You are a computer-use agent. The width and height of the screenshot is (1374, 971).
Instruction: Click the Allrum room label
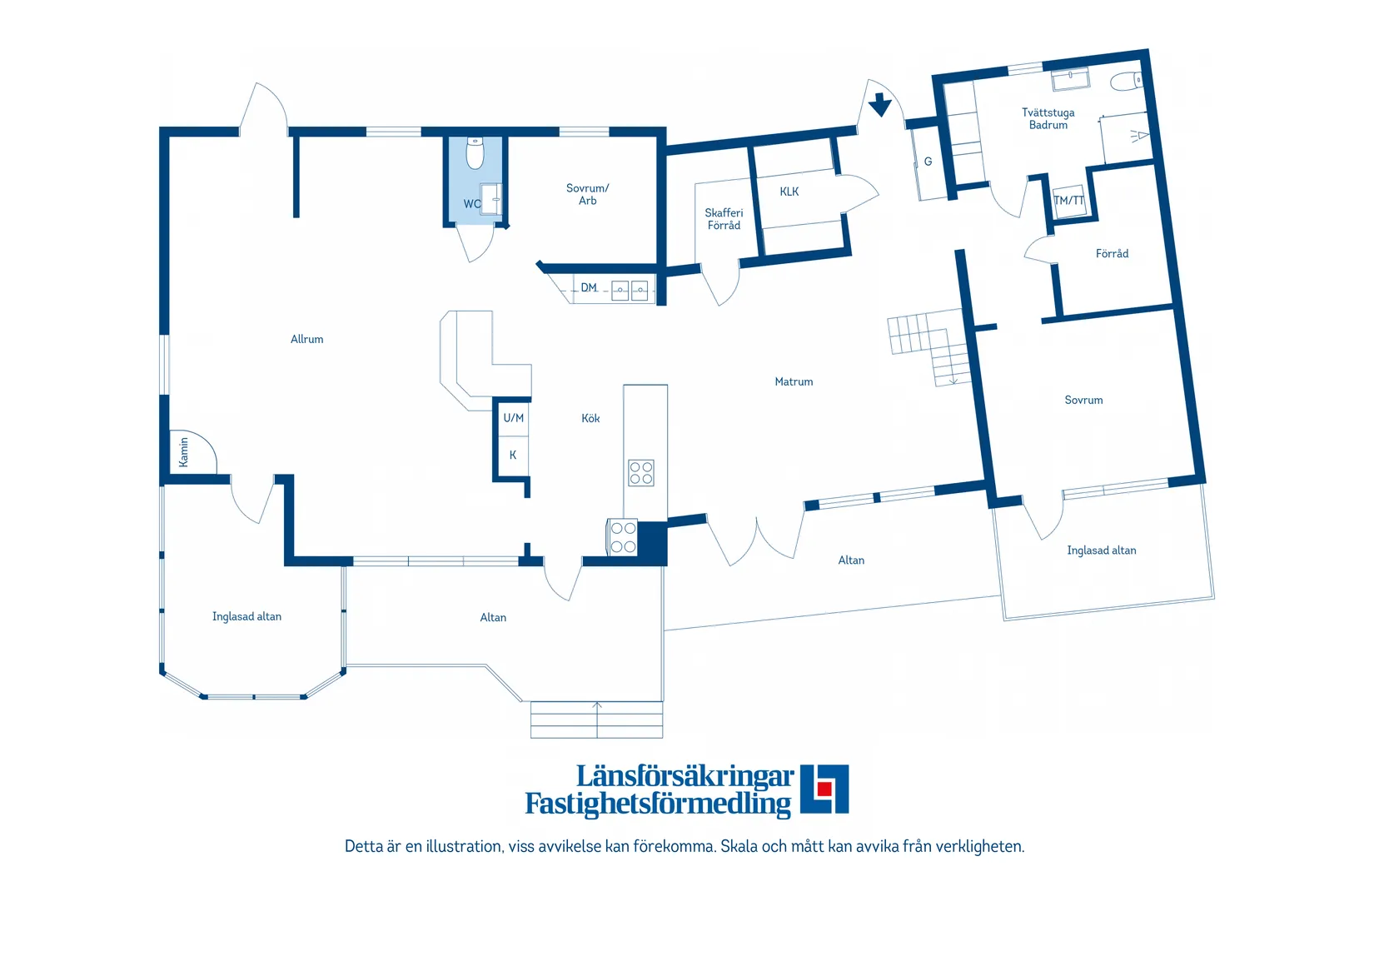click(x=306, y=339)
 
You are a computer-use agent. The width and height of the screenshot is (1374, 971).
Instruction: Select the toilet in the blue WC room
click(x=475, y=152)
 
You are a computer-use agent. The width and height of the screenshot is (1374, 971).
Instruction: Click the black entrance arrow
click(x=879, y=104)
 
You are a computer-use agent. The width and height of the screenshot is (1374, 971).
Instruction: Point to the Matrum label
click(x=794, y=381)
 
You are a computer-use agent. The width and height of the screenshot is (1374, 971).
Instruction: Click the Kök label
click(x=590, y=418)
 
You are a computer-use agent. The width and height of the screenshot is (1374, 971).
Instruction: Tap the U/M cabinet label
click(x=514, y=418)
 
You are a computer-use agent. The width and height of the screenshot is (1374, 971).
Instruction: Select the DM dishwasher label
click(x=589, y=287)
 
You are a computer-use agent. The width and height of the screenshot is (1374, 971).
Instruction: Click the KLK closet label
click(x=789, y=192)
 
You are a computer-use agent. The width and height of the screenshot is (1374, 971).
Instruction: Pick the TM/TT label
click(x=1069, y=200)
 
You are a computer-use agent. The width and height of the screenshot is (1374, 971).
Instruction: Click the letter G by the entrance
click(x=928, y=162)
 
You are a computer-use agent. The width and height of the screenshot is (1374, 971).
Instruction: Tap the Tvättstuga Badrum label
click(x=1048, y=118)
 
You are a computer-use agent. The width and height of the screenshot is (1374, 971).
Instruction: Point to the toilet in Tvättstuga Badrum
click(x=1127, y=81)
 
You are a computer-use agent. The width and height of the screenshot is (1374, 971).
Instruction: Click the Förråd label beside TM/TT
click(x=1112, y=253)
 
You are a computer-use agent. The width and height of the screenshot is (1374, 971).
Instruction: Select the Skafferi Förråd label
click(x=724, y=219)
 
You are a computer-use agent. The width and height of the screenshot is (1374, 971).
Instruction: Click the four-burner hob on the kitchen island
click(x=641, y=473)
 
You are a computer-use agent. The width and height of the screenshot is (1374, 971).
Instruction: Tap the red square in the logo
click(x=824, y=789)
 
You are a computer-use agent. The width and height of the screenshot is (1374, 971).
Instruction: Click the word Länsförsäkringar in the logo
click(x=685, y=776)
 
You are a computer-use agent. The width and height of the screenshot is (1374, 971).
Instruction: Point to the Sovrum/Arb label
click(x=588, y=194)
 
